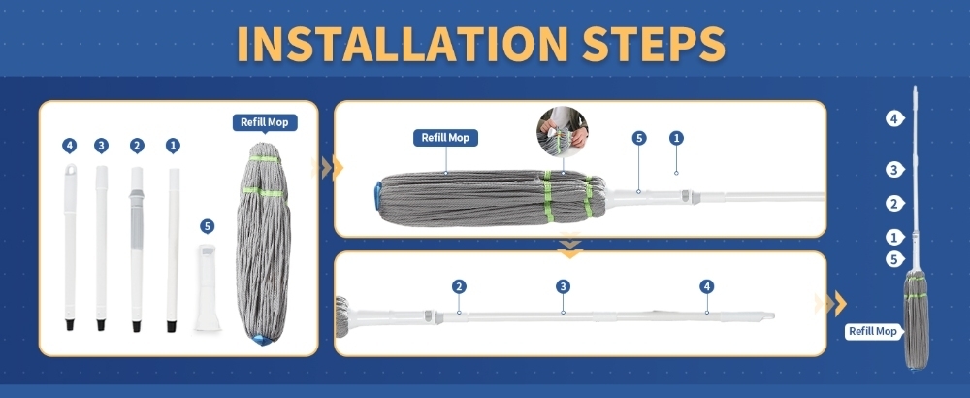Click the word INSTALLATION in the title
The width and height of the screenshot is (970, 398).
pyautogui.click(x=403, y=44)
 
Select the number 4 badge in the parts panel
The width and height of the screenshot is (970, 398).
pyautogui.click(x=69, y=146)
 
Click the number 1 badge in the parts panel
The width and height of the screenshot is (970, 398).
pyautogui.click(x=173, y=146)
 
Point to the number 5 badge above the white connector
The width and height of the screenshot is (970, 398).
pyautogui.click(x=208, y=226)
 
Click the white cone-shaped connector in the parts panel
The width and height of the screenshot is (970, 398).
pyautogui.click(x=209, y=287)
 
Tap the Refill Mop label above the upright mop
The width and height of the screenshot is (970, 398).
pyautogui.click(x=265, y=122)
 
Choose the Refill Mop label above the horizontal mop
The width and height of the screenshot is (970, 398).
pyautogui.click(x=445, y=138)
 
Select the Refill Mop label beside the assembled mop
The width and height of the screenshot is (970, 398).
pyautogui.click(x=873, y=331)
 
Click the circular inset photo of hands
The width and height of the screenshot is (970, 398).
pyautogui.click(x=563, y=132)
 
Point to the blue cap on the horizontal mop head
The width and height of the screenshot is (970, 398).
pyautogui.click(x=377, y=194)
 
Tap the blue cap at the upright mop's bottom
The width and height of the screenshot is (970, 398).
pyautogui.click(x=264, y=339)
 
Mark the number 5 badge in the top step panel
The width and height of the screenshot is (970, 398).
pyautogui.click(x=639, y=138)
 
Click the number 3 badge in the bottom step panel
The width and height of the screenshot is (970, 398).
pyautogui.click(x=563, y=286)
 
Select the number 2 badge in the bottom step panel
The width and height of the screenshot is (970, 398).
pyautogui.click(x=459, y=286)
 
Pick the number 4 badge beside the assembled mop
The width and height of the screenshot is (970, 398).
pyautogui.click(x=894, y=118)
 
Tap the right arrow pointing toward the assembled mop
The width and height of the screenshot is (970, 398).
pyautogui.click(x=831, y=304)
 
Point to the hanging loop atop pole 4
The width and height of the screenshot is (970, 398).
pyautogui.click(x=71, y=169)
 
